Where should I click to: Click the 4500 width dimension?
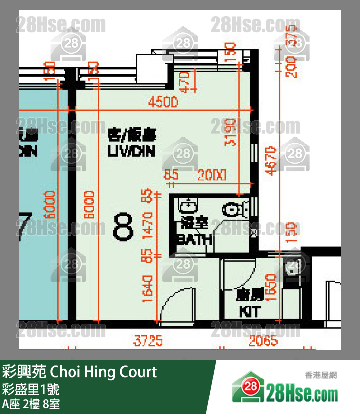tap(163, 103)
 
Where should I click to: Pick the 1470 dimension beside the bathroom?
tap(148, 225)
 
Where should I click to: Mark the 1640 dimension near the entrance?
tap(148, 288)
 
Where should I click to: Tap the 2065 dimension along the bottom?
tap(263, 341)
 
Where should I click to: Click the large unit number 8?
tap(123, 228)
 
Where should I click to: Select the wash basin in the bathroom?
tap(186, 206)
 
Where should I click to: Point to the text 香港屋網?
tap(321, 375)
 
